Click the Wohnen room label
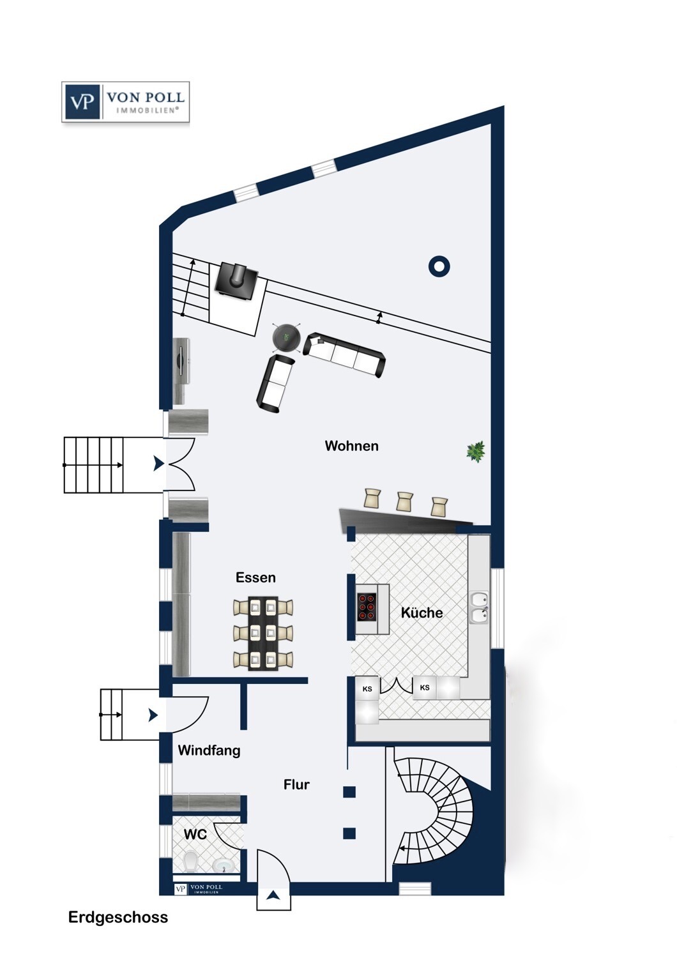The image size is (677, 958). pyautogui.click(x=351, y=446)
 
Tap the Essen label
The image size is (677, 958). pyautogui.click(x=255, y=577)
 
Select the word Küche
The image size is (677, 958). pyautogui.click(x=422, y=612)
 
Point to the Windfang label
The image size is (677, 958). pyautogui.click(x=209, y=750)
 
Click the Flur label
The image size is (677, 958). pyautogui.click(x=296, y=784)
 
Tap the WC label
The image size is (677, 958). pyautogui.click(x=195, y=834)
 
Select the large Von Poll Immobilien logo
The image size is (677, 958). pyautogui.click(x=125, y=102)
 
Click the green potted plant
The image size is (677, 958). pyautogui.click(x=476, y=451)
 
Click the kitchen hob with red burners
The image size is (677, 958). pyautogui.click(x=367, y=607)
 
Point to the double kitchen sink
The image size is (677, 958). pyautogui.click(x=479, y=608)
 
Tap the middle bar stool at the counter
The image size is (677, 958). pyautogui.click(x=404, y=501)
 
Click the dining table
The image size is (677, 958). pyautogui.click(x=263, y=634)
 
